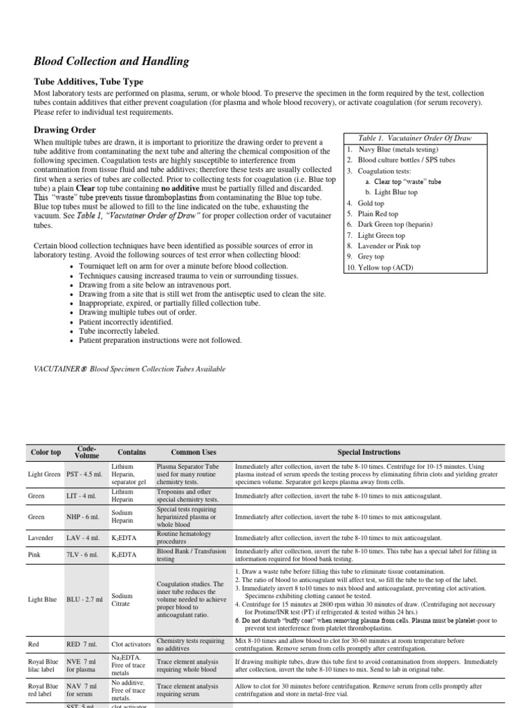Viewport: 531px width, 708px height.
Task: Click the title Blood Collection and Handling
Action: click(x=111, y=62)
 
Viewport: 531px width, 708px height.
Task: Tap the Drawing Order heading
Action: click(x=65, y=130)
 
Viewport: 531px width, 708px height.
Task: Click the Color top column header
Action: click(x=46, y=452)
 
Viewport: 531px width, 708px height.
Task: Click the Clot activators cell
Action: click(x=130, y=644)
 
